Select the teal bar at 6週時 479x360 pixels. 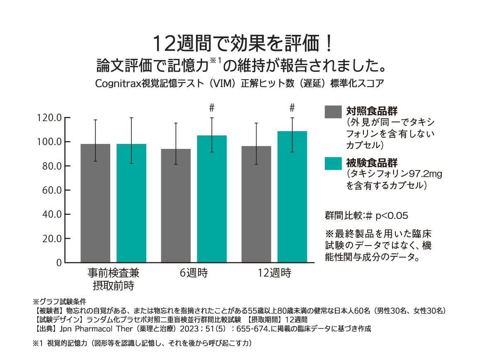[x=212, y=199]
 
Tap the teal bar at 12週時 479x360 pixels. [x=292, y=197]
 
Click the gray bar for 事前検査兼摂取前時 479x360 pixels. [x=95, y=203]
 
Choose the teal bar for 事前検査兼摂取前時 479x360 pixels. [x=131, y=203]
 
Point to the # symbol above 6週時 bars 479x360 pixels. [x=212, y=108]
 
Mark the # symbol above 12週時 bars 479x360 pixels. [x=292, y=108]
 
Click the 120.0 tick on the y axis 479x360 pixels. [x=49, y=118]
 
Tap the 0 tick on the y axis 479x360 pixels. [x=59, y=263]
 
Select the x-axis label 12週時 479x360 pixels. [x=274, y=273]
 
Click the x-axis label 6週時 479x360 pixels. [x=194, y=273]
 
